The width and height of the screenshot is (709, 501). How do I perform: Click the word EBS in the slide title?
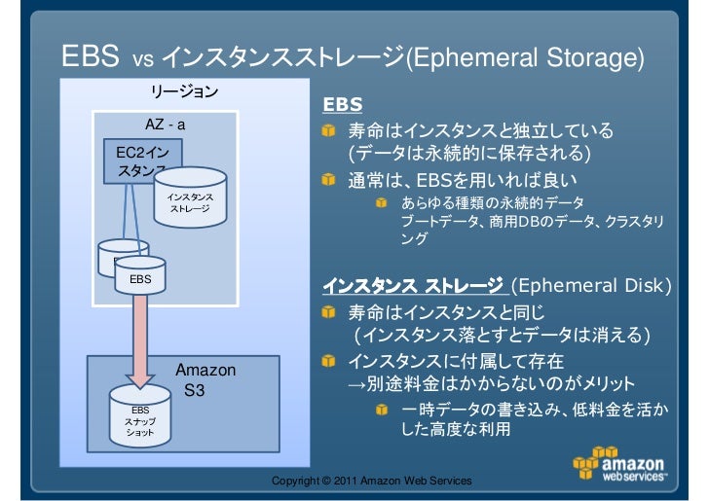click(x=91, y=56)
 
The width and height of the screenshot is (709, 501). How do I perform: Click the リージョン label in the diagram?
click(x=183, y=92)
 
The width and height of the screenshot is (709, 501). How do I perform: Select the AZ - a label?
click(x=166, y=125)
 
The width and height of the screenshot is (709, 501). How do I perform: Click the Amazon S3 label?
click(x=202, y=380)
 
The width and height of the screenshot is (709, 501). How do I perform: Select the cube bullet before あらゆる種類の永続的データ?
click(x=385, y=203)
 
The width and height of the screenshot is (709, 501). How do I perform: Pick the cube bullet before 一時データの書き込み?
click(x=385, y=410)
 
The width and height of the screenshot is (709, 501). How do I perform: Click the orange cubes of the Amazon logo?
click(x=593, y=461)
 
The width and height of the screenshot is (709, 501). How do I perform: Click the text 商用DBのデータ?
click(x=541, y=222)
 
